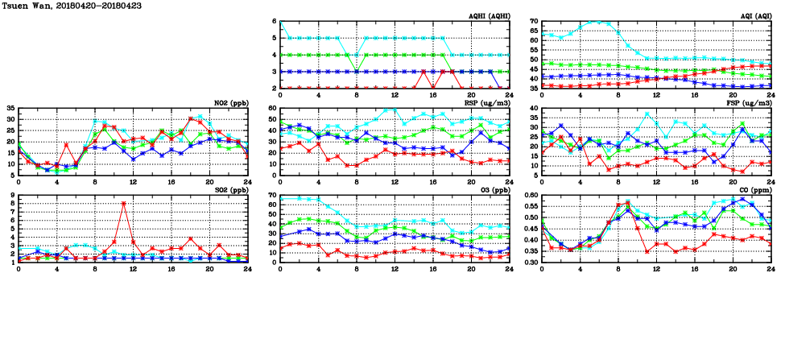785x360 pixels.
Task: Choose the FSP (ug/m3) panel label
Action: click(752, 103)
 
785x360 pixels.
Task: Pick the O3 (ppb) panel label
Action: click(492, 190)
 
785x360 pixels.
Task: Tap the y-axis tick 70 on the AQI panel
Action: click(533, 21)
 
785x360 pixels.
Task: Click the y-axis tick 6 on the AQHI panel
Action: click(273, 21)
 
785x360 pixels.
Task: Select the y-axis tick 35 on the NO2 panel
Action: click(9, 108)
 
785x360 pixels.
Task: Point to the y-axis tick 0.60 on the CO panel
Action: click(528, 195)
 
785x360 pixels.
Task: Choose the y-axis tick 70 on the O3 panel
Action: click(271, 195)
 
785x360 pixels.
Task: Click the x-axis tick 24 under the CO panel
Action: click(770, 268)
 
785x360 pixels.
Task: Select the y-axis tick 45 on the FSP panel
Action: click(533, 108)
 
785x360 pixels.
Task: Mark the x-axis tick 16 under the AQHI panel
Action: click(433, 94)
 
